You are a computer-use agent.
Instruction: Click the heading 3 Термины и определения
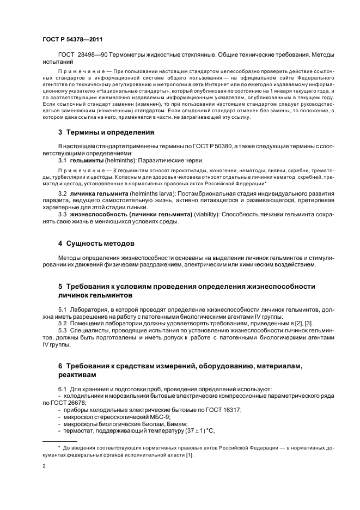(x=99, y=132)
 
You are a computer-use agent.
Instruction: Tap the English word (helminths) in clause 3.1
(x=121, y=160)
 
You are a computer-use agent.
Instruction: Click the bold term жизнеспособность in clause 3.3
(x=103, y=214)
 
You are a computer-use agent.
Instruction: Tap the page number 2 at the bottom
(x=44, y=466)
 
